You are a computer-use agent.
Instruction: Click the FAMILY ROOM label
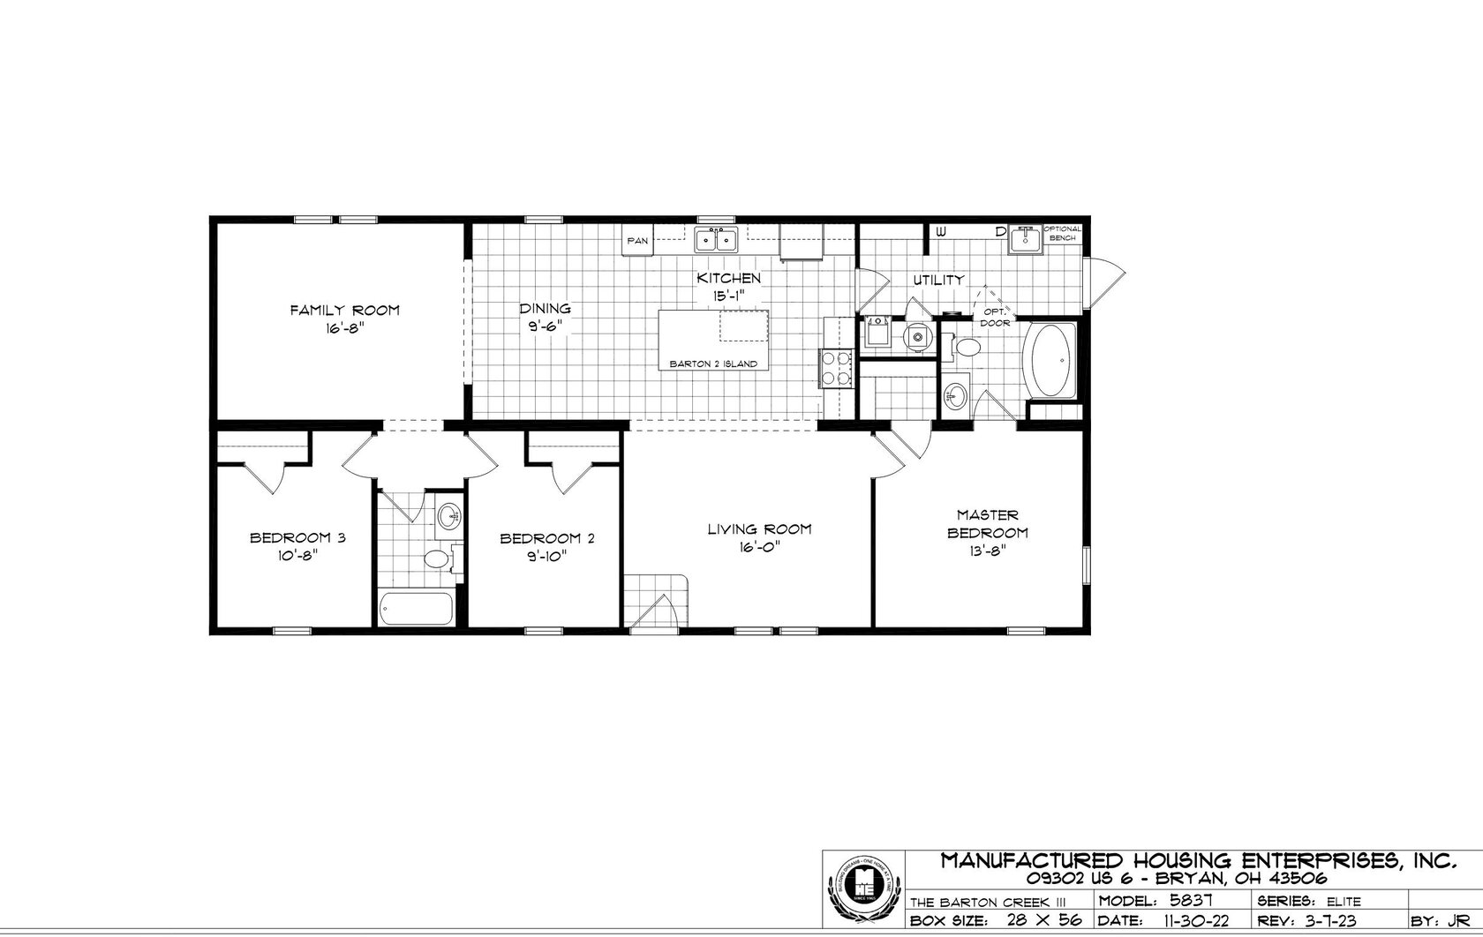tap(345, 310)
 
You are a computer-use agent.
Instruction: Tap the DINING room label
tap(545, 309)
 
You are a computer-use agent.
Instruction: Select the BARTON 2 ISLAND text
tap(713, 364)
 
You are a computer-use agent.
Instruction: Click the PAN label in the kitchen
tap(637, 240)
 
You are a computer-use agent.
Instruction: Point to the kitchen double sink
tap(716, 239)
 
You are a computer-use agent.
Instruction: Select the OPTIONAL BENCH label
tap(1062, 234)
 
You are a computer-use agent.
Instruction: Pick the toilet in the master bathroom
tap(967, 348)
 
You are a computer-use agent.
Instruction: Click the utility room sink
tap(1025, 238)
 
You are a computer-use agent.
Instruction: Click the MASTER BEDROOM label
tap(988, 523)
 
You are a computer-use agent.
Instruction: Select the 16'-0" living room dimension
tap(759, 546)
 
